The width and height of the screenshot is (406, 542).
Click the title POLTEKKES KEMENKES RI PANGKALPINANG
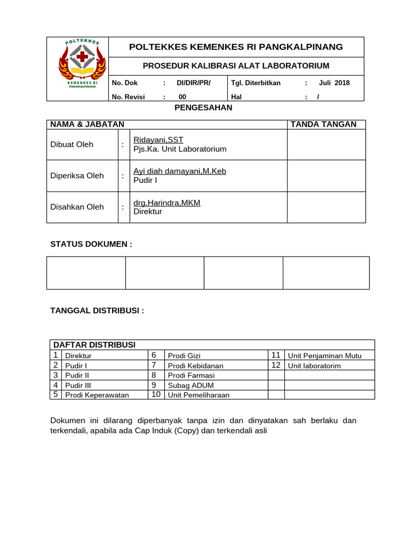[236, 47]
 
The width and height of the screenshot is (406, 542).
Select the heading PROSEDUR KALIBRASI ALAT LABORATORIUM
[236, 66]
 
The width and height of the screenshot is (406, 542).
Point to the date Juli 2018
[334, 83]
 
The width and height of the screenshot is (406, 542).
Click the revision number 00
[182, 97]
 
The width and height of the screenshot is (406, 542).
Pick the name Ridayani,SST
[159, 140]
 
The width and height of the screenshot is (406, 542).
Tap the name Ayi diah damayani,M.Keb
[180, 171]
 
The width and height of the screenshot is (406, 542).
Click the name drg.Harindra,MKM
[167, 203]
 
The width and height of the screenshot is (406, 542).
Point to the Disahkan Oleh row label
[77, 207]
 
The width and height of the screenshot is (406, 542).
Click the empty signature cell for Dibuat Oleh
[326, 144]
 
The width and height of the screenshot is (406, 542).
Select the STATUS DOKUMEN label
[91, 244]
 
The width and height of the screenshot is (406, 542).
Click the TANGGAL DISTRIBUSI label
[97, 311]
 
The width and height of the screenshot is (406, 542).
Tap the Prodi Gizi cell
[184, 356]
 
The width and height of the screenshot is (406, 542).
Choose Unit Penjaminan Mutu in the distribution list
[324, 356]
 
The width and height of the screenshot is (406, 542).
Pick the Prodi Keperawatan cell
[97, 395]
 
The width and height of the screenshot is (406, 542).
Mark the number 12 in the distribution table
[276, 365]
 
